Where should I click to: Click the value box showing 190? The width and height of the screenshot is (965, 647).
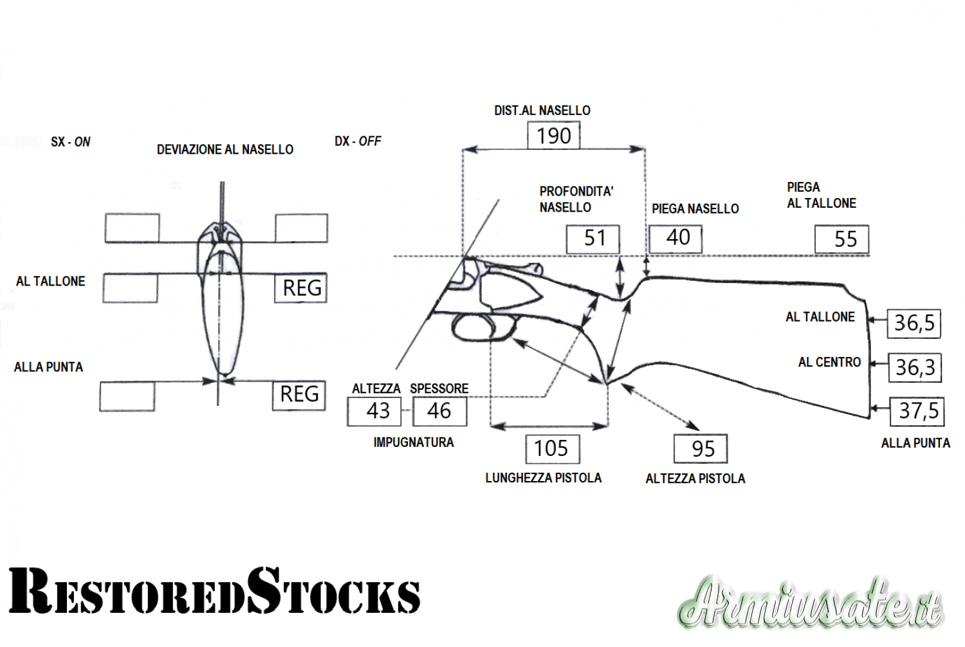(x=553, y=136)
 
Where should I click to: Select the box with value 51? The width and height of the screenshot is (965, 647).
(x=593, y=239)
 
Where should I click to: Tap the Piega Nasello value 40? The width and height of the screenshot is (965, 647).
(x=675, y=238)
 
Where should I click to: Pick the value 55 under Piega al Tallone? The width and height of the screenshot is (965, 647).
(x=842, y=239)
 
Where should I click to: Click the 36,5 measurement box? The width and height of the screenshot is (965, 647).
(x=914, y=323)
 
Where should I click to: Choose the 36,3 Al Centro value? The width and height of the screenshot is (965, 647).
(x=914, y=367)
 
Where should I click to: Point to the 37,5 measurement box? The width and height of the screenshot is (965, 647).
(x=917, y=411)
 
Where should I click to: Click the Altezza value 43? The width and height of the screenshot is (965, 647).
(x=374, y=411)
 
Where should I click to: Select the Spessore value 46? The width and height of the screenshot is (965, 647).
(x=439, y=411)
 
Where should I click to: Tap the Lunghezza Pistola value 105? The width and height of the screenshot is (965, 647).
(x=553, y=448)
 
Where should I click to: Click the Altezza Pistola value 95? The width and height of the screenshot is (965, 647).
(x=701, y=448)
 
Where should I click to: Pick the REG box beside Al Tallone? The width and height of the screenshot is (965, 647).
(x=300, y=288)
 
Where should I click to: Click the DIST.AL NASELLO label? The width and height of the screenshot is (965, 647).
(x=542, y=111)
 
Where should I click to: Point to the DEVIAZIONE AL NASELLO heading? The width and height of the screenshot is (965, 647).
(x=225, y=150)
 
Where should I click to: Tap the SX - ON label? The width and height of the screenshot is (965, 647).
(x=71, y=141)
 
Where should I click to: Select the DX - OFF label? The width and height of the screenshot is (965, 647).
(x=358, y=141)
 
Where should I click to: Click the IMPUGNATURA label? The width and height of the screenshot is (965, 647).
(x=414, y=442)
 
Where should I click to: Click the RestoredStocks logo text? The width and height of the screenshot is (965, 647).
(x=214, y=591)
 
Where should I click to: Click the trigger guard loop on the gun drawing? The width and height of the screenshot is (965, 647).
(x=479, y=327)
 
